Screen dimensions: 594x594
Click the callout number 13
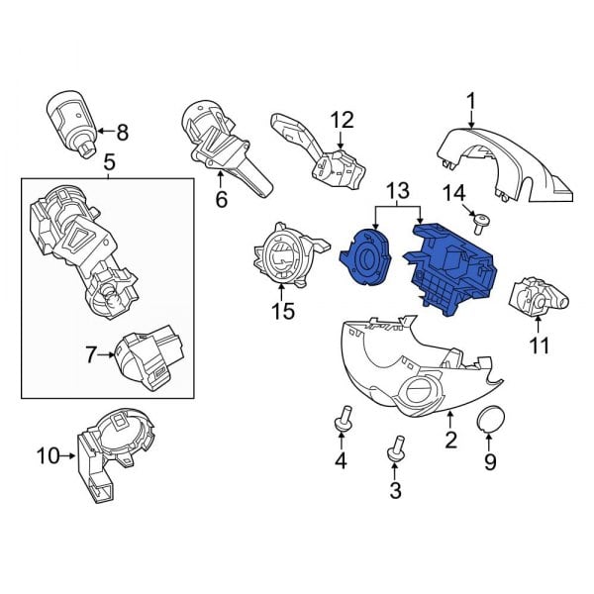[396, 190]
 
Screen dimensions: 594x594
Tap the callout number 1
[471, 100]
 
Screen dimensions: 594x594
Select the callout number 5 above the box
[109, 160]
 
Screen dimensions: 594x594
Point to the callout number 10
[48, 456]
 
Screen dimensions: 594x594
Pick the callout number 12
[341, 121]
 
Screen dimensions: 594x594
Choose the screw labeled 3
[396, 451]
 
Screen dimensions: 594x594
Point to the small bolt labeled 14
[477, 223]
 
